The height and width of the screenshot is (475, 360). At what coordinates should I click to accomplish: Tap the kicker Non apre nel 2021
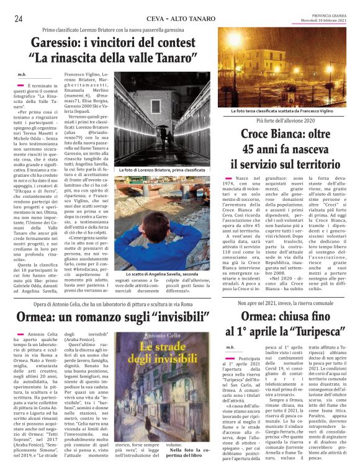tap(286, 303)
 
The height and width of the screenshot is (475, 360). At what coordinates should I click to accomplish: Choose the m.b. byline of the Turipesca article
tap(230, 347)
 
